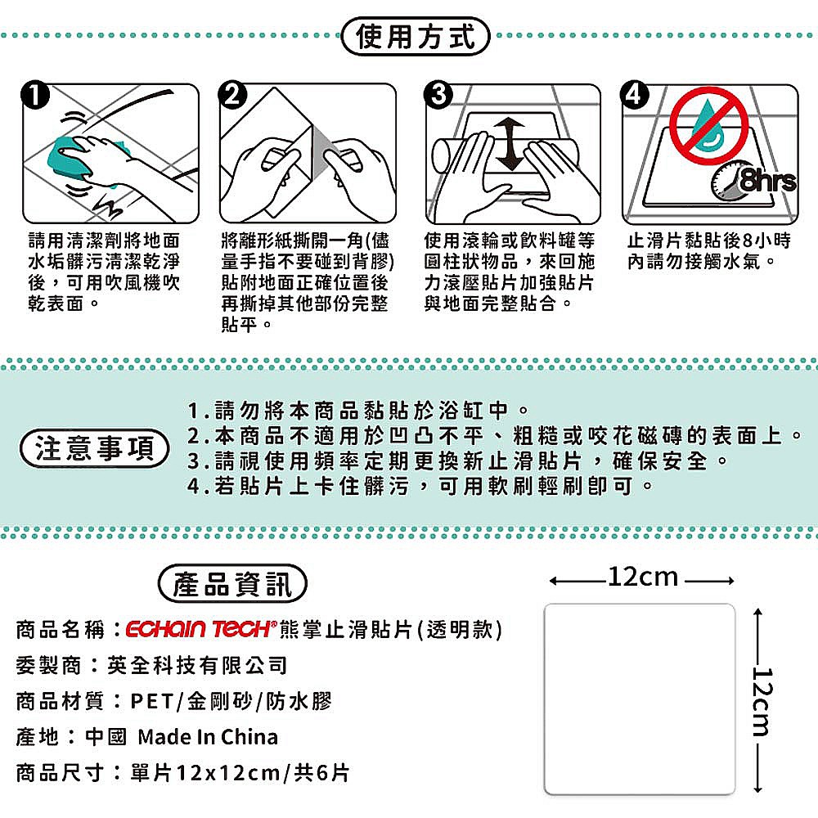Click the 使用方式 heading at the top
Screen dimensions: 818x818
pos(416,37)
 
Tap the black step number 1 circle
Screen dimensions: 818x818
pos(35,96)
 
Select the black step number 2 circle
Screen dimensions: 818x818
pos(232,96)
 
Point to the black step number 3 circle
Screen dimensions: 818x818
pos(438,95)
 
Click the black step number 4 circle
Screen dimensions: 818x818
pos(634,95)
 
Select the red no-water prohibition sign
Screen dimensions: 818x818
pos(709,126)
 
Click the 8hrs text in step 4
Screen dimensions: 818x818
pos(768,181)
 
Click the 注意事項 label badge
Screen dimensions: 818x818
pos(94,448)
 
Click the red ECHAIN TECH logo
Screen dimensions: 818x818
pos(200,629)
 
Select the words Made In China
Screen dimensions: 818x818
pos(208,737)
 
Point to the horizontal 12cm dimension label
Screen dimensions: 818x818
pos(643,577)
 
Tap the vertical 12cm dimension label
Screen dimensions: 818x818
pos(761,701)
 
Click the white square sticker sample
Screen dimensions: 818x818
pos(640,699)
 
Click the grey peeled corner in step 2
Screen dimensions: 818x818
pos(324,152)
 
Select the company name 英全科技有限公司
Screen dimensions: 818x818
pos(197,665)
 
